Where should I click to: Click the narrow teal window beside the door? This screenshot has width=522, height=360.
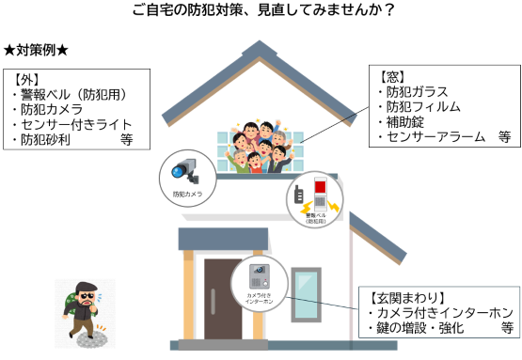306,299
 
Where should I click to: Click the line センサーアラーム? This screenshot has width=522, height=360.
429,136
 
